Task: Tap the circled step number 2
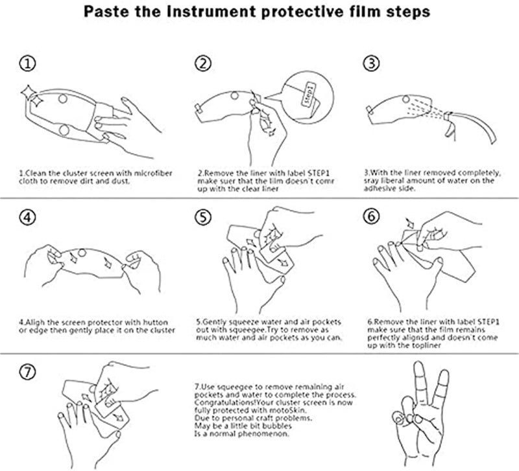pos(204,63)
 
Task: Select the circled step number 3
pos(372,63)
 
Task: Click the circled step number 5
pos(204,218)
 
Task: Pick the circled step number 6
pos(372,218)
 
